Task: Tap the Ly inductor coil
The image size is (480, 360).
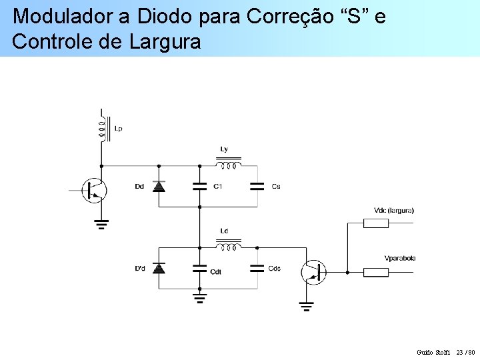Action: pos(228,163)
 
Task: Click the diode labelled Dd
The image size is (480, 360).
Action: pos(159,187)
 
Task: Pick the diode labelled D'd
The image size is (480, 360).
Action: pos(159,268)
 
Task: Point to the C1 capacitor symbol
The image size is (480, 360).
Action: pos(199,187)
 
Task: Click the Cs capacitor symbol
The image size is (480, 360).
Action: pos(257,187)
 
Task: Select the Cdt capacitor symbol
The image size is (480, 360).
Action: pos(199,268)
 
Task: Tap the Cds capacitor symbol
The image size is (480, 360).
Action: pos(257,268)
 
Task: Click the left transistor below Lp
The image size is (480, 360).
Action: pos(93,191)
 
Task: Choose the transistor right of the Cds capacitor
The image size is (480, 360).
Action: pos(313,272)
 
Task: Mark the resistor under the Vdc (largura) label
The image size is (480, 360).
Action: pos(376,223)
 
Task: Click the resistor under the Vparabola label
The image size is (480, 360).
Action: pos(376,272)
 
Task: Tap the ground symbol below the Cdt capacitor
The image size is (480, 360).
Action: pos(199,297)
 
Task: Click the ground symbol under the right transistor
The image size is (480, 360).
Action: pos(306,307)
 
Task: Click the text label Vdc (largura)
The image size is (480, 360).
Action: pos(394,211)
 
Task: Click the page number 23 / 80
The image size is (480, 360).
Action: pos(465,351)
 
